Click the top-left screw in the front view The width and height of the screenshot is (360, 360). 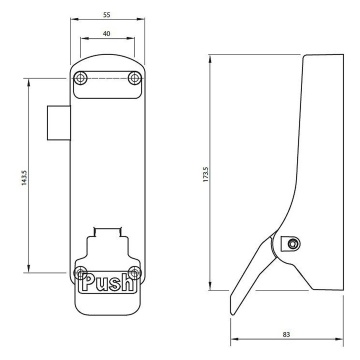(x=84, y=77)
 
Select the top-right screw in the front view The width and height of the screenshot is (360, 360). (x=134, y=77)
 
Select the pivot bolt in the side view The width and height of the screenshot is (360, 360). (x=292, y=242)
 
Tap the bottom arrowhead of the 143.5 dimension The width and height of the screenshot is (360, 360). (x=29, y=268)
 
